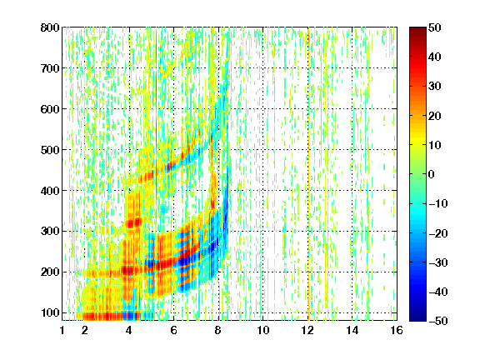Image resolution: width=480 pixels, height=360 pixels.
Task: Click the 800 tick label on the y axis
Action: (x=50, y=27)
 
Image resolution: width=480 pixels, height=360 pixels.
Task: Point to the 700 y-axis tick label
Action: (x=50, y=68)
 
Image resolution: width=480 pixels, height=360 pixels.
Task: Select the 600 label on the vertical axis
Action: (x=50, y=109)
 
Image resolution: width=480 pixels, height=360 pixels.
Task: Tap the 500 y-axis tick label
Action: (x=50, y=150)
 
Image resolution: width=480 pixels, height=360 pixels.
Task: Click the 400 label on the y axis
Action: (x=50, y=191)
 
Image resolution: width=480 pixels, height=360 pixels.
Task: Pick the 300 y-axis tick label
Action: (x=50, y=231)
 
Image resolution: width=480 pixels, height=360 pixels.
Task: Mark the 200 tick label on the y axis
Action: (x=50, y=272)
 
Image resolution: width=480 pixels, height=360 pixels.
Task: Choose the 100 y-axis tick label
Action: (x=50, y=312)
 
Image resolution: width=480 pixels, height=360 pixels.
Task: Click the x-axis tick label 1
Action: (x=62, y=330)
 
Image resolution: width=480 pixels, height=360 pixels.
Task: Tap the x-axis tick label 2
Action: (x=85, y=330)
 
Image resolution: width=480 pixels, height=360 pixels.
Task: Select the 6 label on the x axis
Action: (x=174, y=330)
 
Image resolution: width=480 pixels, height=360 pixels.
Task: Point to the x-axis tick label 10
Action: (x=263, y=330)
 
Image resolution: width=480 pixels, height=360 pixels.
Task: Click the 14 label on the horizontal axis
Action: (x=352, y=330)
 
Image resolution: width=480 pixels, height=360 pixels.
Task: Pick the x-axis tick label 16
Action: (x=397, y=330)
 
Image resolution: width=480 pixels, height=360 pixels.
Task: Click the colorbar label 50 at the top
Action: (x=434, y=27)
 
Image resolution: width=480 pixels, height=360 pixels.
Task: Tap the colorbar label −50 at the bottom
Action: (x=438, y=321)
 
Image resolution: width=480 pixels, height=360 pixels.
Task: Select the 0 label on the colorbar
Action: (x=431, y=174)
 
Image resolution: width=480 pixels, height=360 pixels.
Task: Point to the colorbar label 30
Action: (x=434, y=87)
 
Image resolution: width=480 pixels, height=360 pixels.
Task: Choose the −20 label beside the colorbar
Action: (x=438, y=233)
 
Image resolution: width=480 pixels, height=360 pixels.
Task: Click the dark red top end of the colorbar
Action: (x=417, y=29)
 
